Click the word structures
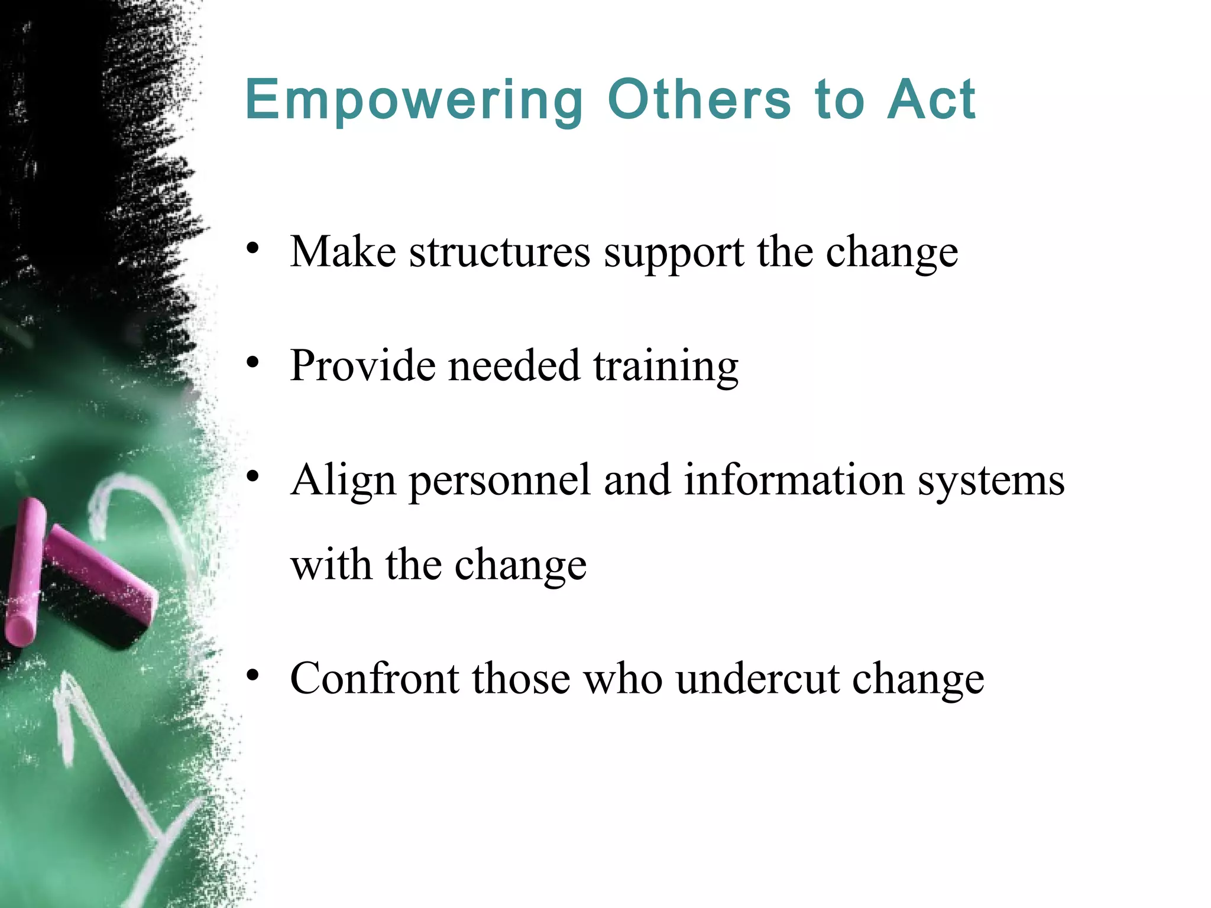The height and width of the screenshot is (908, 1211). (x=500, y=252)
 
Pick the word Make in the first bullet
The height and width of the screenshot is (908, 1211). (x=343, y=252)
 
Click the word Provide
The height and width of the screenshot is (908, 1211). (x=363, y=366)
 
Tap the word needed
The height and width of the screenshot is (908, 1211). (x=514, y=366)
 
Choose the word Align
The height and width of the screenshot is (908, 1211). (x=343, y=481)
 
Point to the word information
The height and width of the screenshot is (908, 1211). (x=794, y=479)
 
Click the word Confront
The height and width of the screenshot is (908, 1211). (x=374, y=679)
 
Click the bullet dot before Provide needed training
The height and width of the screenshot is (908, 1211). (x=253, y=362)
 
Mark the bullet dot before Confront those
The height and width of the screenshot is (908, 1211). (x=253, y=675)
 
